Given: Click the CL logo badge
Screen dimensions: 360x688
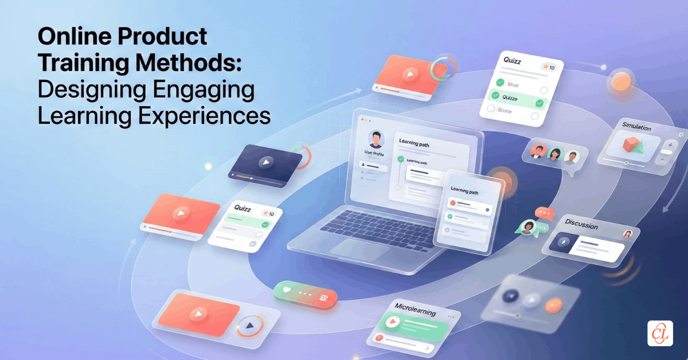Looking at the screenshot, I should pos(660,332).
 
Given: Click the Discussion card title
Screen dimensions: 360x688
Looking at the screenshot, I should pos(581,224).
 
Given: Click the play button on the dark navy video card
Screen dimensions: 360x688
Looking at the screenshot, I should pos(264,162).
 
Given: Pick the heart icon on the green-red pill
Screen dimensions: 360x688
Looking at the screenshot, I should pos(287,290).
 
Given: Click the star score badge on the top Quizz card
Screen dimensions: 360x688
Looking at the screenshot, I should pos(547,68).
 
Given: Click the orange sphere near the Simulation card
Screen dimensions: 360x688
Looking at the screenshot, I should pos(621,83).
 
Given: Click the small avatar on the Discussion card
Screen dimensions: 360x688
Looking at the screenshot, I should pos(628,234).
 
